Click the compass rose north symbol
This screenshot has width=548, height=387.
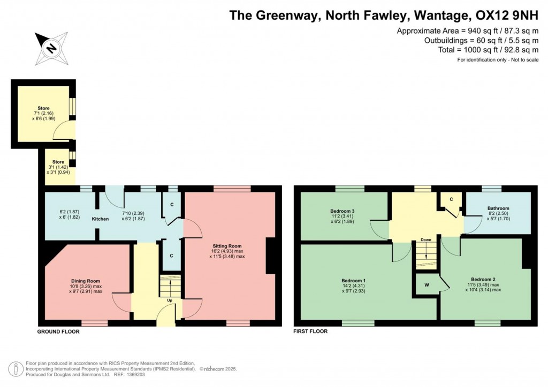(51, 49)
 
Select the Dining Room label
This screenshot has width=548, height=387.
(86, 281)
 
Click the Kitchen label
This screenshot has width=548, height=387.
(100, 219)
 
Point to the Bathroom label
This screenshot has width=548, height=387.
(498, 208)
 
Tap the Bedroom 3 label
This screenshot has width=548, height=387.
(342, 211)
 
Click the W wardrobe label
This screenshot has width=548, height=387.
(427, 284)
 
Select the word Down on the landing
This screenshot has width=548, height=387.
(425, 239)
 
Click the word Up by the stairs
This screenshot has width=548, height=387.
(170, 300)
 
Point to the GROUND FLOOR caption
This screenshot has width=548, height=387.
(58, 331)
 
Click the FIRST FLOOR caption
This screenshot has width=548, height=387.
(310, 331)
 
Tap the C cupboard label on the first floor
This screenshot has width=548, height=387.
(451, 199)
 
